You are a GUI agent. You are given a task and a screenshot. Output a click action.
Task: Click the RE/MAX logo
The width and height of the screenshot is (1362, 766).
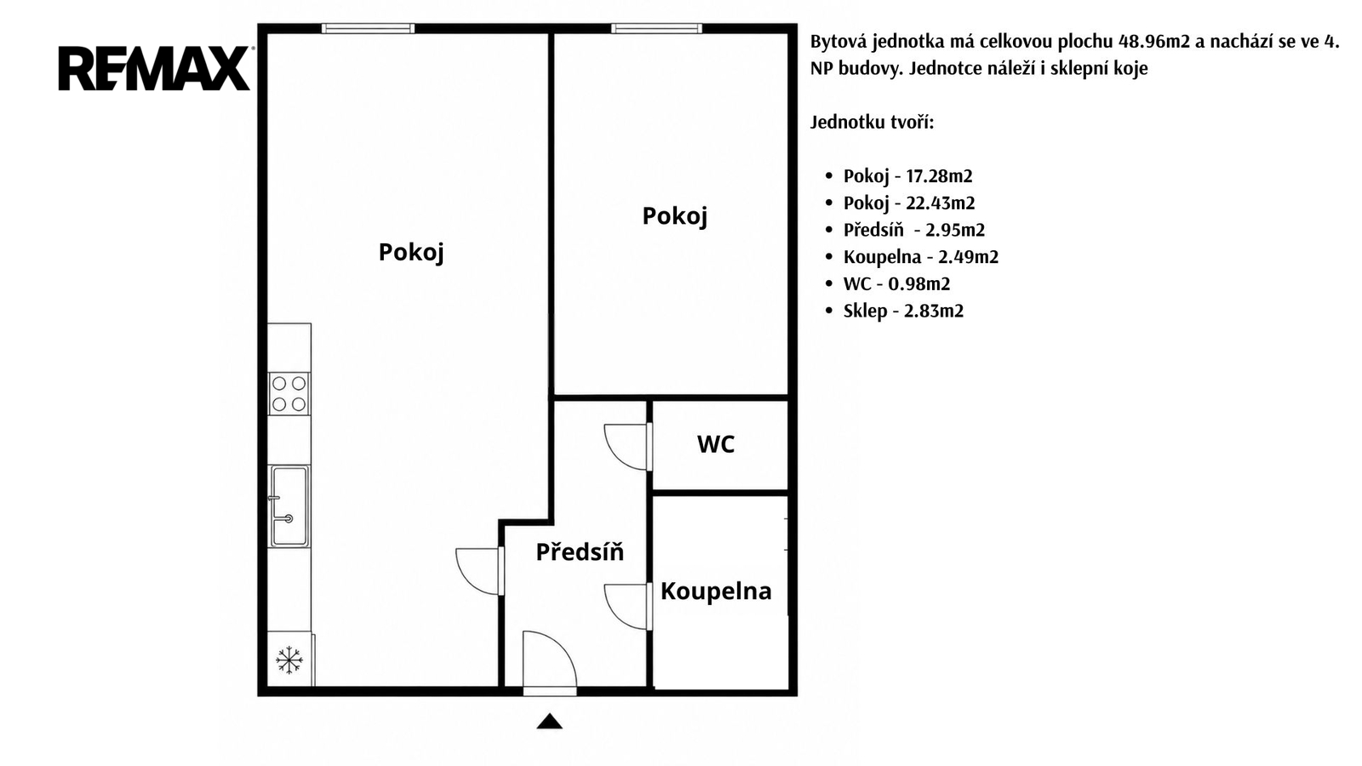pos(155,68)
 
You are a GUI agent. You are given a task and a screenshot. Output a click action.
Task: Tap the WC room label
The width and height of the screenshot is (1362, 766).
pos(716,444)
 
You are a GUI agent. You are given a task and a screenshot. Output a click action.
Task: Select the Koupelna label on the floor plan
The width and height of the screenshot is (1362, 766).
pos(716,591)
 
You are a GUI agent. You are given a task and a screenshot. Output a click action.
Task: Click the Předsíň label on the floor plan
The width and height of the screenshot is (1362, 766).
pos(580,551)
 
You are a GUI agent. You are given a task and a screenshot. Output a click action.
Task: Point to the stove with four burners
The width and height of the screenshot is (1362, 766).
pos(289,394)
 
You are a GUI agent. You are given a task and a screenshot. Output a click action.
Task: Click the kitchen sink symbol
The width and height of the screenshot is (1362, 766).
pos(289,506)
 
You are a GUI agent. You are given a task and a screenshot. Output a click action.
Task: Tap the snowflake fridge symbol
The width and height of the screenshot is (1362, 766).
pos(289,660)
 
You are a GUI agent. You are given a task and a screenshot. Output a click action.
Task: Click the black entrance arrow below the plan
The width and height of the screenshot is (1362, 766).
pos(550,721)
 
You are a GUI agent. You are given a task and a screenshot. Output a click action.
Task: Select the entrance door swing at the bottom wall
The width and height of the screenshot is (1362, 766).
pos(549,660)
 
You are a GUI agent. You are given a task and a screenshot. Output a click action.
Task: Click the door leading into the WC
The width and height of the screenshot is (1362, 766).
pos(628,447)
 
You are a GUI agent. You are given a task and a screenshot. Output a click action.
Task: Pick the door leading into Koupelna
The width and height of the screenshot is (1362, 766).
pos(628,607)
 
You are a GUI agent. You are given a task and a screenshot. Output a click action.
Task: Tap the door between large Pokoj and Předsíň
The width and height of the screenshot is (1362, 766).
pos(480,571)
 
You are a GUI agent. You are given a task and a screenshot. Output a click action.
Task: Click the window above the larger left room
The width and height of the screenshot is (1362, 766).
pos(368,28)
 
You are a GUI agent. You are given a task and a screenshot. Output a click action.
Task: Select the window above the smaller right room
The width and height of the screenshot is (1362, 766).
pos(656,28)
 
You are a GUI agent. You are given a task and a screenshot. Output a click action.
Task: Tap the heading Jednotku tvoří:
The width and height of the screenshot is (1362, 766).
pos(872,123)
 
